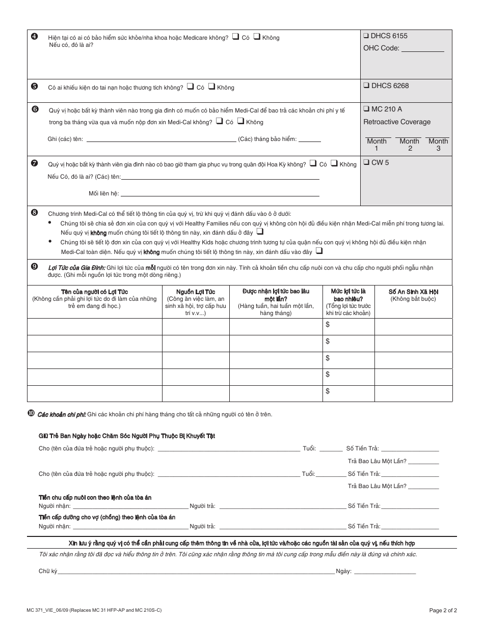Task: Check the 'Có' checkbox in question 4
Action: point(235,37)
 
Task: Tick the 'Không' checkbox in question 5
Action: point(211,87)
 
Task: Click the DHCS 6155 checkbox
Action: point(366,36)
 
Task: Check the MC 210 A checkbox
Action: point(366,109)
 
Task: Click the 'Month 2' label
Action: point(409,145)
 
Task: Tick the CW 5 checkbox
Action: point(366,163)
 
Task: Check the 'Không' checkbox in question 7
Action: point(334,163)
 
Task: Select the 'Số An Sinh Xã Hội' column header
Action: point(413,292)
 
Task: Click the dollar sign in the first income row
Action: point(328,324)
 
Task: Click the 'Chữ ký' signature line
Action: point(196,571)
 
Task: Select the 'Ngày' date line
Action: point(385,571)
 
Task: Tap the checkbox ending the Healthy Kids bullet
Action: point(319,251)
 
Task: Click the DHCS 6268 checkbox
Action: point(366,86)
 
